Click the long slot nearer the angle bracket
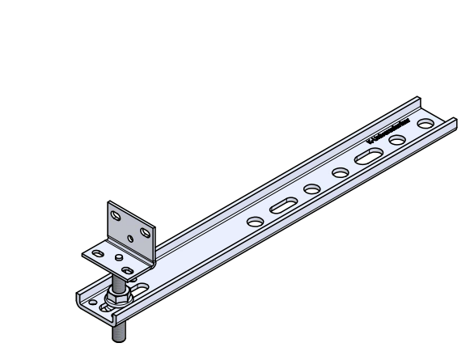(284, 206)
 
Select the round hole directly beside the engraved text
(397, 141)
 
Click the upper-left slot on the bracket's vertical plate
(115, 217)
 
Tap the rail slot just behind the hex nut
(144, 287)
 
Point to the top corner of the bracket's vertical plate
(108, 203)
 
